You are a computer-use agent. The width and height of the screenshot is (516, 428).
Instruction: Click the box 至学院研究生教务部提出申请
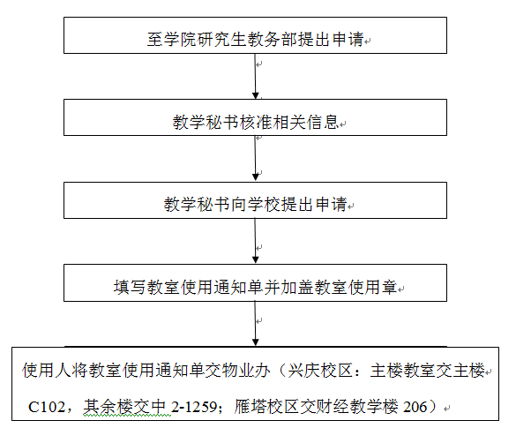pyautogui.click(x=255, y=35)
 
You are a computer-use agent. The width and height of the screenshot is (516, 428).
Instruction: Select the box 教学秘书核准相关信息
pyautogui.click(x=255, y=117)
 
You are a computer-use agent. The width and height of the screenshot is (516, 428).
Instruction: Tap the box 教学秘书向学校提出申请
pyautogui.click(x=255, y=200)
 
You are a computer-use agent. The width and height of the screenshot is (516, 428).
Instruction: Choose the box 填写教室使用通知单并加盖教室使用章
pyautogui.click(x=255, y=282)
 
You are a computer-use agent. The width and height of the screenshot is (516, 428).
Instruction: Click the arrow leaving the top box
pyautogui.click(x=255, y=77)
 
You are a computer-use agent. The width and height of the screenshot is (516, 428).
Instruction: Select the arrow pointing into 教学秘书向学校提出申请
pyautogui.click(x=255, y=159)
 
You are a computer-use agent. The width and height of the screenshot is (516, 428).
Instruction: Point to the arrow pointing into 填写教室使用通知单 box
pyautogui.click(x=255, y=241)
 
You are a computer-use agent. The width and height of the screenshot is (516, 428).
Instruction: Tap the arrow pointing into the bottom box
pyautogui.click(x=255, y=324)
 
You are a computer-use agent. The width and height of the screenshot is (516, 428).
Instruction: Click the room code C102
pyautogui.click(x=47, y=407)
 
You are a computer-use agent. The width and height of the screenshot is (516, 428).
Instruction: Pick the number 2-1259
pyautogui.click(x=194, y=407)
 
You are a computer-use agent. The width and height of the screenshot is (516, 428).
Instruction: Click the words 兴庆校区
pyautogui.click(x=320, y=371)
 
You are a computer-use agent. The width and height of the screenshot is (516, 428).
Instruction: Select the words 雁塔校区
pyautogui.click(x=266, y=407)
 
